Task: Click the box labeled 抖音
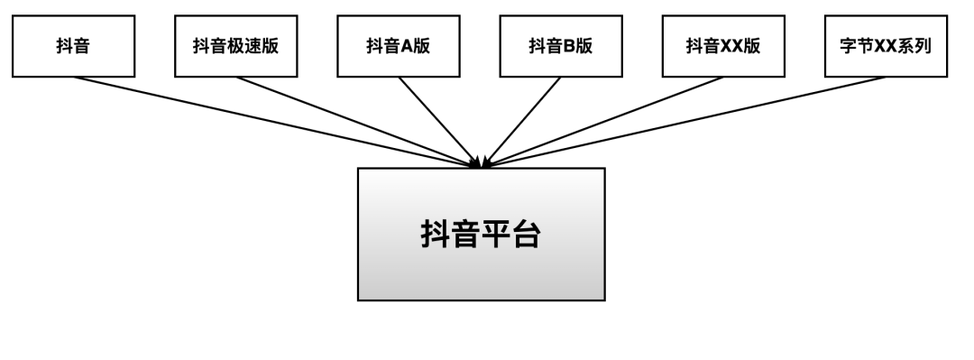(x=73, y=46)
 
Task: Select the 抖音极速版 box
(x=235, y=46)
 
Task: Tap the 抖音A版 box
(x=398, y=46)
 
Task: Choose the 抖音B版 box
(x=560, y=46)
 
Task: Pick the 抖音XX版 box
(x=722, y=46)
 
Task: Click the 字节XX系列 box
(x=886, y=46)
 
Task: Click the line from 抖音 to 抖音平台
(x=271, y=120)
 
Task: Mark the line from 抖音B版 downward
(x=523, y=120)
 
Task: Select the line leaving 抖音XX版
(x=604, y=120)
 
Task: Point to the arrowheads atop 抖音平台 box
(x=482, y=162)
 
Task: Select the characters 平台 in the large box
(x=510, y=234)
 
